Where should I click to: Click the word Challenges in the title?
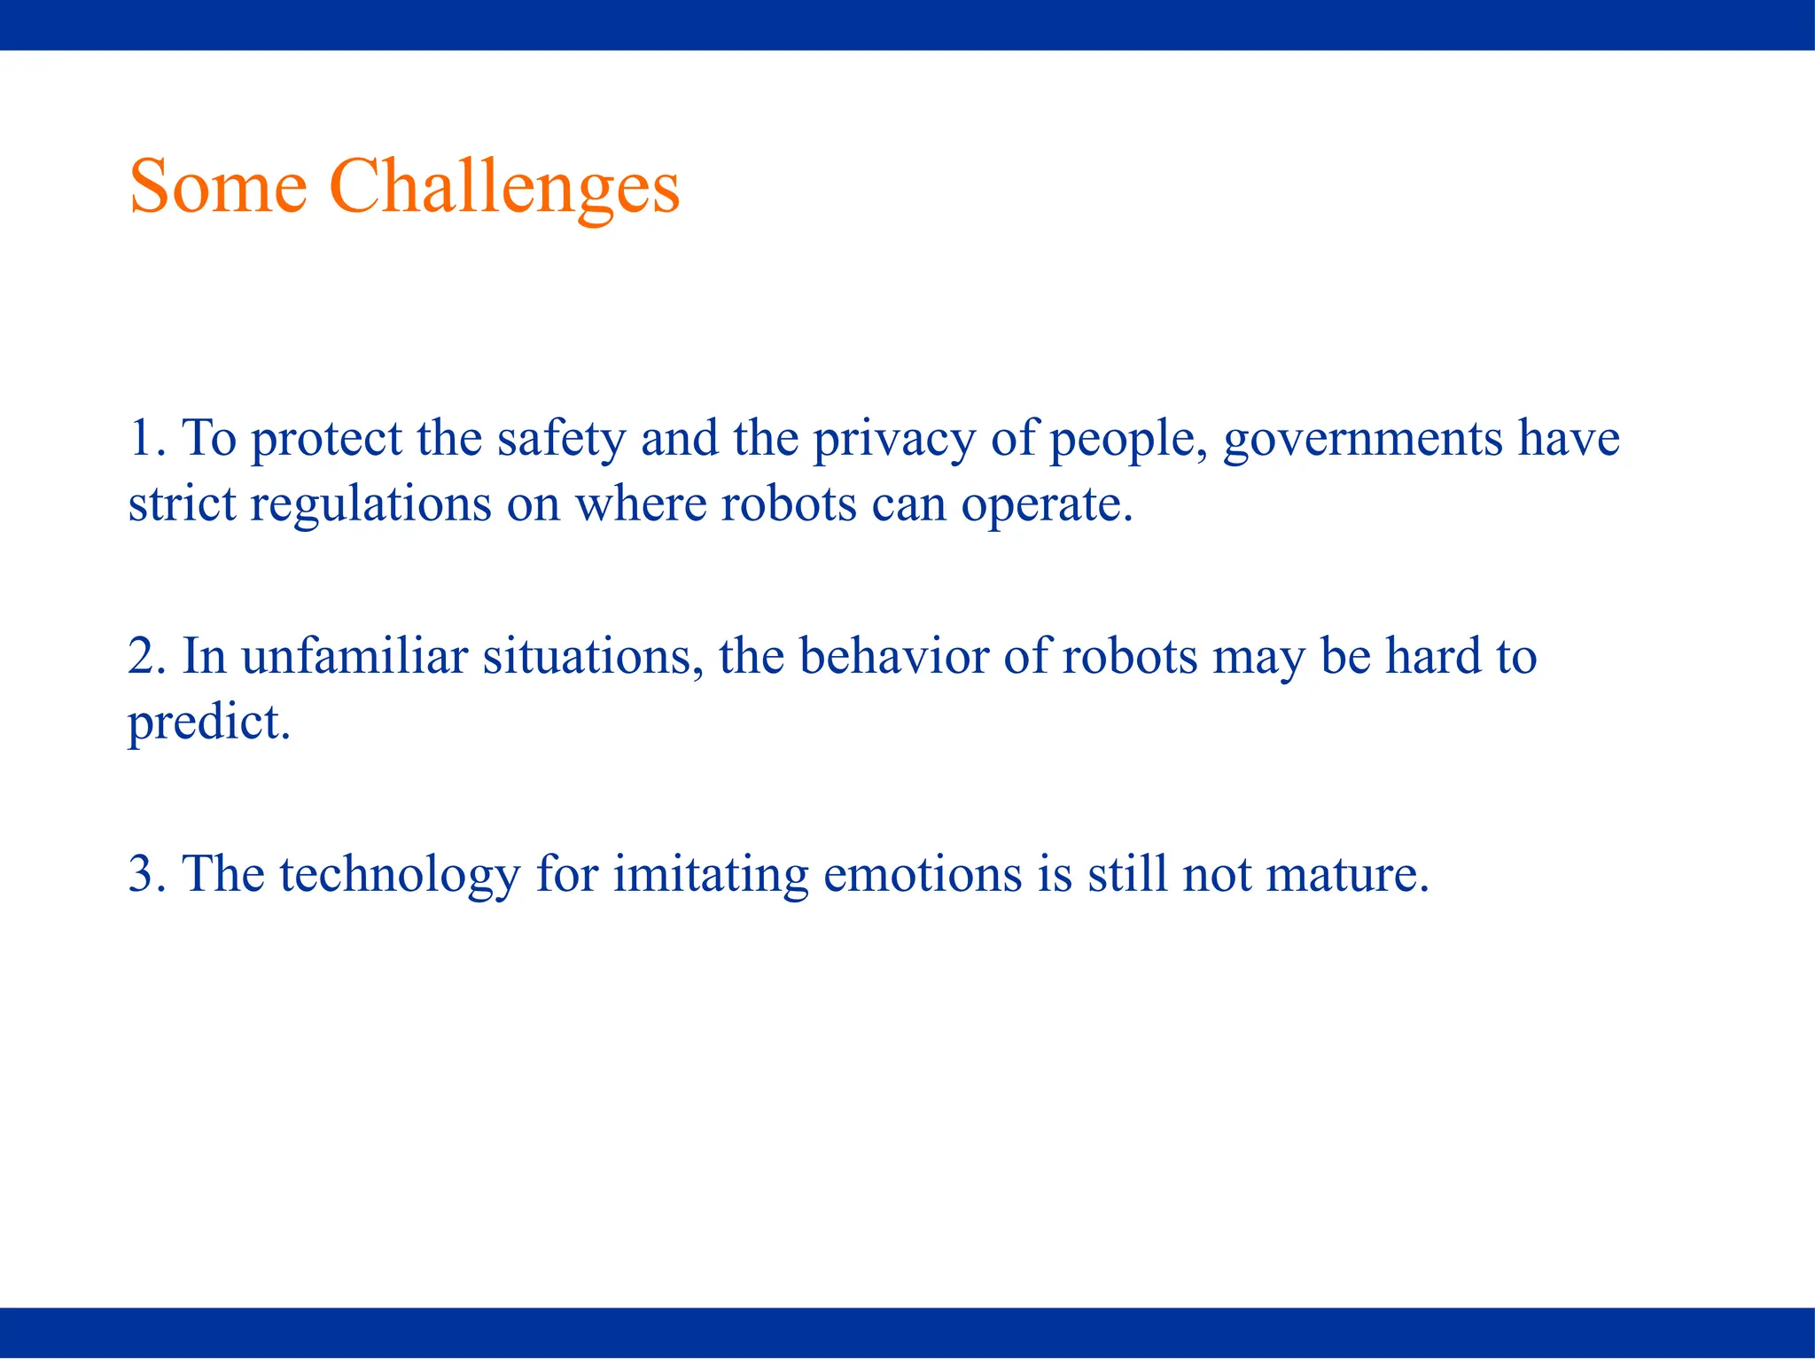pyautogui.click(x=504, y=187)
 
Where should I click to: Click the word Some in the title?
pyautogui.click(x=218, y=187)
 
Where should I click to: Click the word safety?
pyautogui.click(x=561, y=440)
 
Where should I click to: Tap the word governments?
pyautogui.click(x=1362, y=440)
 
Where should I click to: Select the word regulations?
pyautogui.click(x=370, y=505)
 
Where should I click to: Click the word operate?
pyautogui.click(x=1047, y=505)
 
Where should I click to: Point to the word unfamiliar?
pyautogui.click(x=354, y=657)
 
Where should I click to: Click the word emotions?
pyautogui.click(x=923, y=874)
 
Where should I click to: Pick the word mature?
pyautogui.click(x=1347, y=874)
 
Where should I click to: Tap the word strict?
pyautogui.click(x=182, y=505)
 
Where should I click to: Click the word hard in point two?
pyautogui.click(x=1434, y=657)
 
